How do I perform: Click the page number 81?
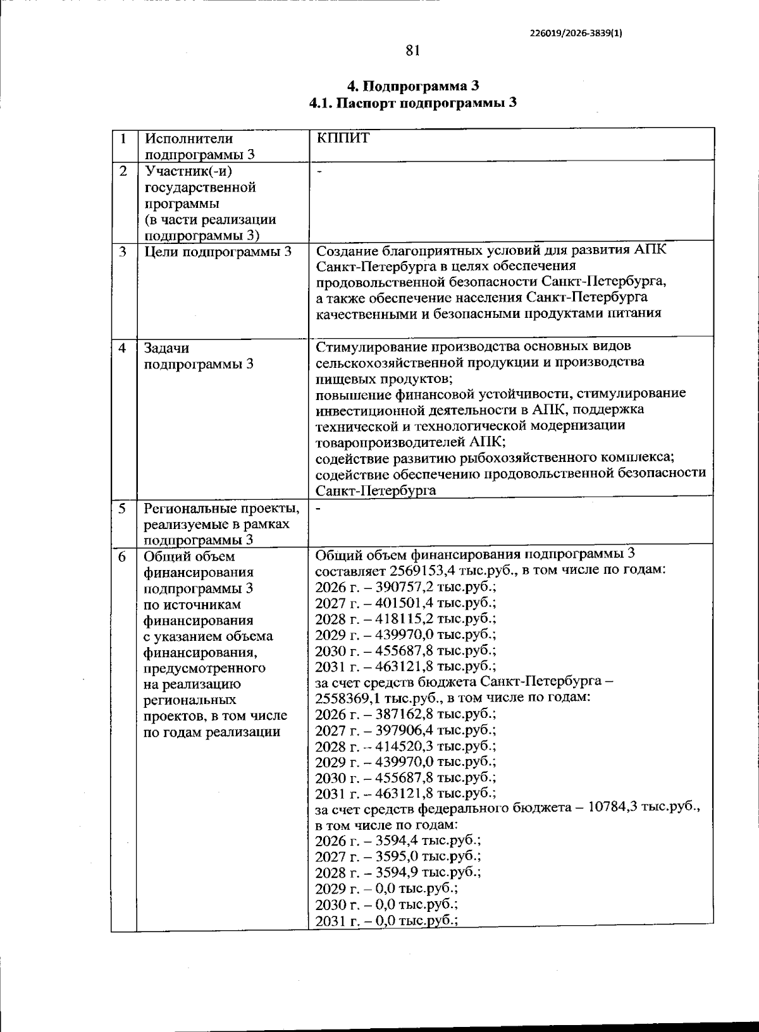(412, 51)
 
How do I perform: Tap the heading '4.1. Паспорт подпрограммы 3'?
(412, 103)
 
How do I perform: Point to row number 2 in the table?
(123, 171)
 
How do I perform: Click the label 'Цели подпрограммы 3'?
(218, 252)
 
